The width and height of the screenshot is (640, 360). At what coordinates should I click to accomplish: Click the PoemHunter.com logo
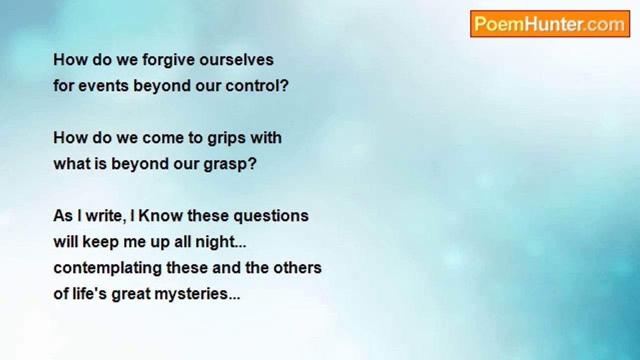550,24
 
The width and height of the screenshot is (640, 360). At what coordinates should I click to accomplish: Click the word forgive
168,60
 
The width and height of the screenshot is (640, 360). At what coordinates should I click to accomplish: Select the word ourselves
236,60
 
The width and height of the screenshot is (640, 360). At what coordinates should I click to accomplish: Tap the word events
103,86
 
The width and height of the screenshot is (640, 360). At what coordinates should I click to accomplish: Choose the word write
106,215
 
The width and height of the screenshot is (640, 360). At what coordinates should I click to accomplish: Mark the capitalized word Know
160,215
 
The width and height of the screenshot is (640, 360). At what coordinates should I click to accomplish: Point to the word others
297,267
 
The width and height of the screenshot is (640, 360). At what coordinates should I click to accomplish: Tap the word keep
100,242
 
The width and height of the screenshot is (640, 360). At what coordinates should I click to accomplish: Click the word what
72,164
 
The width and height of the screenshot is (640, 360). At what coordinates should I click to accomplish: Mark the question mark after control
284,85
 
